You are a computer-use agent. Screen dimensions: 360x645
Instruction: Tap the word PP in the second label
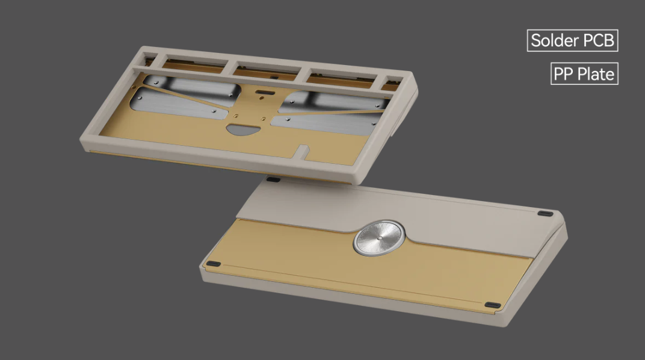(564, 75)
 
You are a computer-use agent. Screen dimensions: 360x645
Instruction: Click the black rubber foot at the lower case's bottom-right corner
(492, 305)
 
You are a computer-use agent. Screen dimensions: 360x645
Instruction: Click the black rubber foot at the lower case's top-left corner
(273, 179)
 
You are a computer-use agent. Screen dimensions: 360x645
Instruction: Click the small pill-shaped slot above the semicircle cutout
(263, 93)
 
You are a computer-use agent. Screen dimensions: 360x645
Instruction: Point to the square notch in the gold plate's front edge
(304, 147)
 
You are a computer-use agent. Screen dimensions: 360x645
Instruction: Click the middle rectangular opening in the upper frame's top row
(265, 70)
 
